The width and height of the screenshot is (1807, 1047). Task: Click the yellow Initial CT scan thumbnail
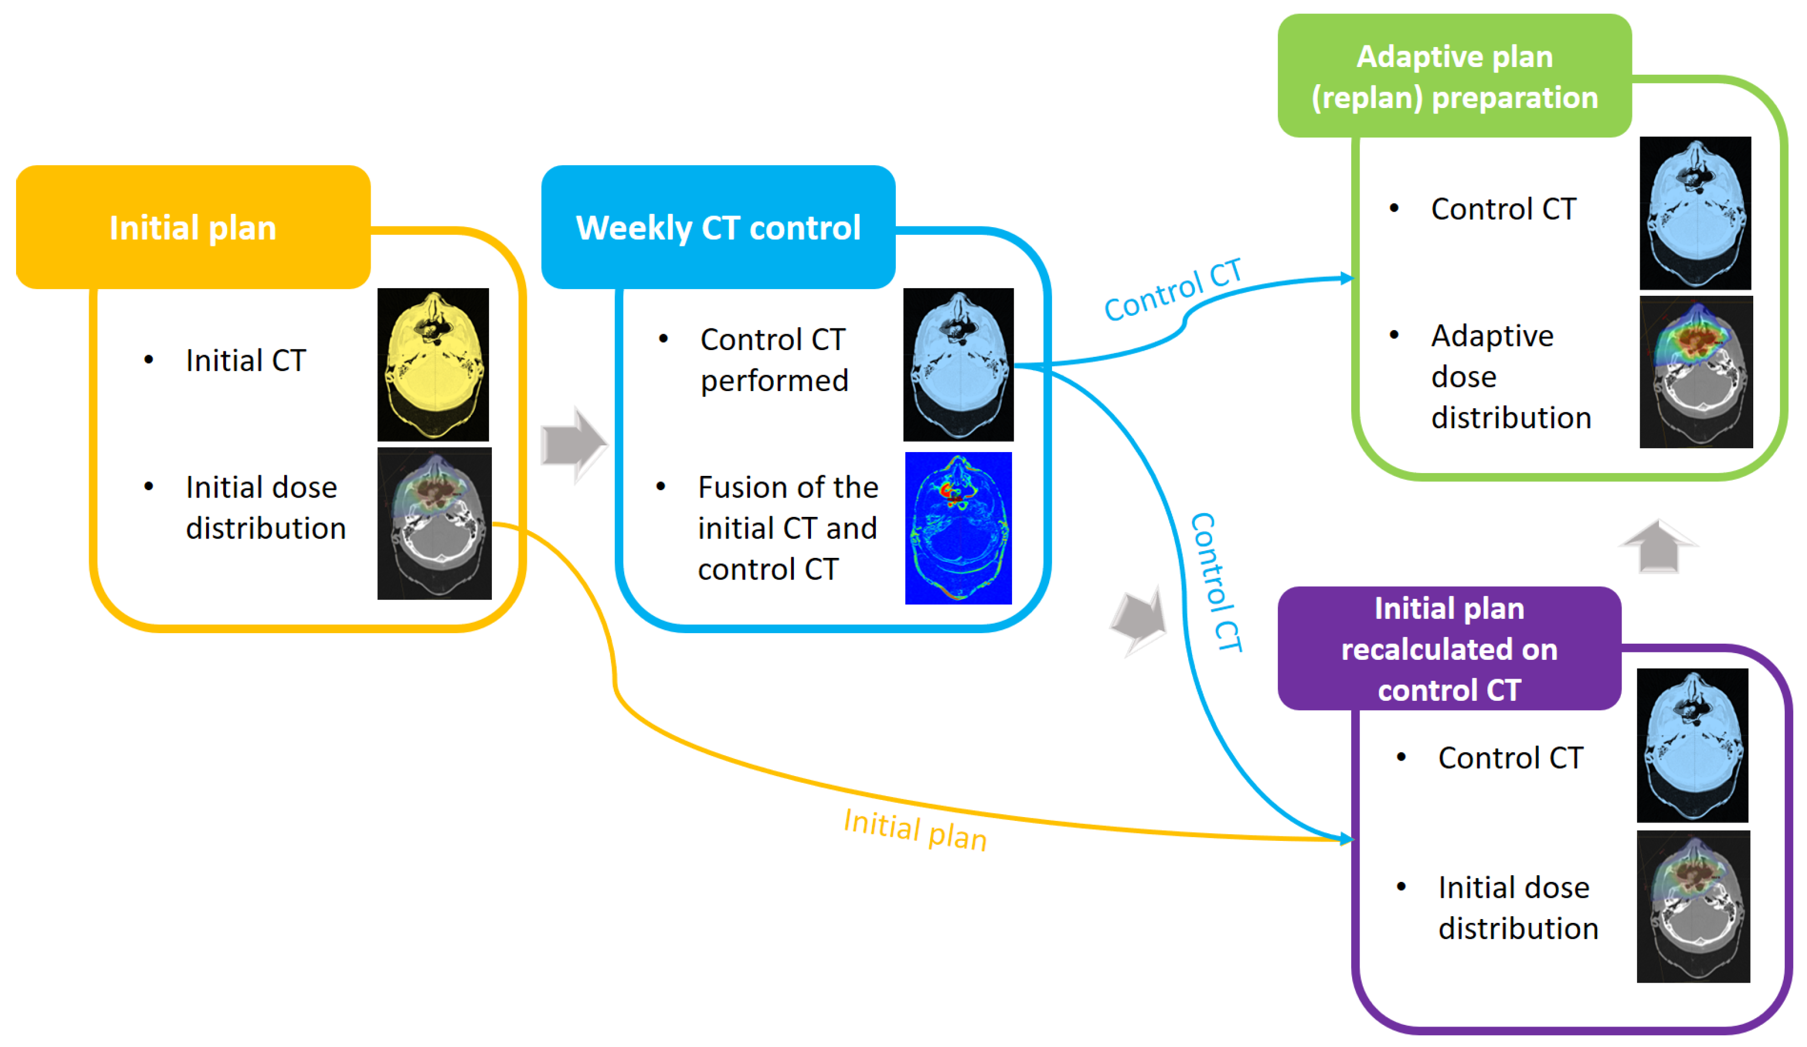tap(433, 365)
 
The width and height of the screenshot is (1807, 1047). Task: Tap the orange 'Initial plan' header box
tap(193, 227)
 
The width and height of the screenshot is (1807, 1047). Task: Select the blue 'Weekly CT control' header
tap(718, 227)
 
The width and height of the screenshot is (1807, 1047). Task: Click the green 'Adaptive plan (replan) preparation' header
tap(1454, 76)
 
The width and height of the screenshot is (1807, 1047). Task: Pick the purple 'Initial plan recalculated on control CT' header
tap(1449, 648)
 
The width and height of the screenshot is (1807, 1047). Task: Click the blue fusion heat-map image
tap(958, 528)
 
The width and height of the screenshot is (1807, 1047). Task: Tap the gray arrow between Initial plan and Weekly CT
tap(574, 445)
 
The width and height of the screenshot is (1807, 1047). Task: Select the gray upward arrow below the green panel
tap(1659, 546)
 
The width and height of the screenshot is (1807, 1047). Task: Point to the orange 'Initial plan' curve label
tap(915, 830)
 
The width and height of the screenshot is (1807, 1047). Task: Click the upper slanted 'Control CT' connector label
tap(1173, 290)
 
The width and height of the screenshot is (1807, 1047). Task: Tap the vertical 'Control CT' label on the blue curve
tap(1215, 582)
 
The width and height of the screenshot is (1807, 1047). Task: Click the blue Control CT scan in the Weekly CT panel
tap(958, 365)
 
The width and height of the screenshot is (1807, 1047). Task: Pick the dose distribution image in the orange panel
tap(434, 523)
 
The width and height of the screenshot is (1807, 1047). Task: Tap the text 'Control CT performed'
tap(774, 360)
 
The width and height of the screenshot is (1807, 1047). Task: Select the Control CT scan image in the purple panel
tap(1692, 745)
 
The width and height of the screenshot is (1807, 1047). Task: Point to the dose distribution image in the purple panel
tap(1693, 906)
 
